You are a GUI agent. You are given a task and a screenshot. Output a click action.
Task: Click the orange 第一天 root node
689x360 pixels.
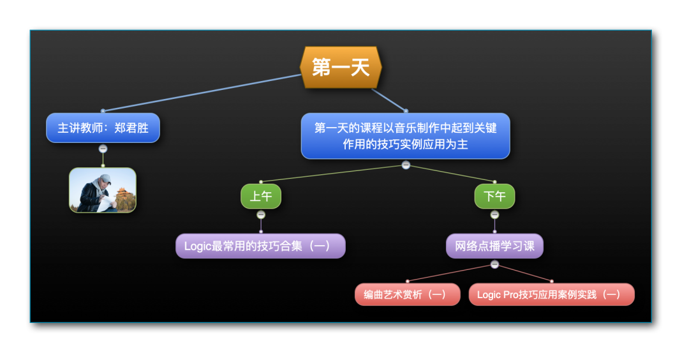point(341,67)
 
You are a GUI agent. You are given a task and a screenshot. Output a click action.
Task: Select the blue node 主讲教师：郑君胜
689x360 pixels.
point(103,128)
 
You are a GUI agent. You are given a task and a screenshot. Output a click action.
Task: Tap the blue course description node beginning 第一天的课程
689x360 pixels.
point(405,136)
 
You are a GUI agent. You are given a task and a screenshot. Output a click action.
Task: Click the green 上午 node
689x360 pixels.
point(261,196)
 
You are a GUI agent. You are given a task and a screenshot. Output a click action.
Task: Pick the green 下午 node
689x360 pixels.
point(495,196)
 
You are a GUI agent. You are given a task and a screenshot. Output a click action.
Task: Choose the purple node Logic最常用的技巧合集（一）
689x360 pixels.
point(260,246)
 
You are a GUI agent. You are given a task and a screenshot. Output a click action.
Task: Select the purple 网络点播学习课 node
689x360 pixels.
point(495,246)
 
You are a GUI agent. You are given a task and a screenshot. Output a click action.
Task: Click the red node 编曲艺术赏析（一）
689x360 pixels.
point(407,294)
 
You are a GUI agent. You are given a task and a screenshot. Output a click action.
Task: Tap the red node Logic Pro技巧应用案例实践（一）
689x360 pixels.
point(551,294)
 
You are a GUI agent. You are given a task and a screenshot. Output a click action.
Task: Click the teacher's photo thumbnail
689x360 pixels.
point(103,190)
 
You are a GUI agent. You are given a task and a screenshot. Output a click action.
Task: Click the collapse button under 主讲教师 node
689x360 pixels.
point(103,149)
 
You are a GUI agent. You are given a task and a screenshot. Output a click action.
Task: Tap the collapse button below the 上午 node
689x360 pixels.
point(261,215)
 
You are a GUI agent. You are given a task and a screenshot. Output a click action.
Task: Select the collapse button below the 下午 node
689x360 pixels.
point(495,215)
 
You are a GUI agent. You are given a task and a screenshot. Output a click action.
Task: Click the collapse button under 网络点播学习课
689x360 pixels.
point(495,265)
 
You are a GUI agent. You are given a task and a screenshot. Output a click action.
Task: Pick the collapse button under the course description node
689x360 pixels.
point(406,165)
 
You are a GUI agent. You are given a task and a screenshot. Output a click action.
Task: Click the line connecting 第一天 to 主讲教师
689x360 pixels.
point(202,93)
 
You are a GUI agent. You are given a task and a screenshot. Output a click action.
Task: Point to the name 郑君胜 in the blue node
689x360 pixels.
point(131,128)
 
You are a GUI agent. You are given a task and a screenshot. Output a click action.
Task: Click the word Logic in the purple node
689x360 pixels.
point(198,246)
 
